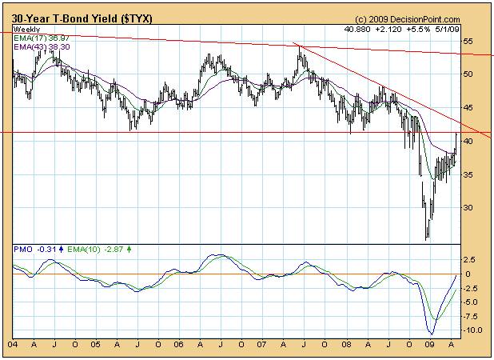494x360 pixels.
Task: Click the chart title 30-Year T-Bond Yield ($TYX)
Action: tap(72, 18)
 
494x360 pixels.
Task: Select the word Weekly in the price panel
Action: tap(27, 29)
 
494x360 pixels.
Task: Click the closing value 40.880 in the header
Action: tap(358, 29)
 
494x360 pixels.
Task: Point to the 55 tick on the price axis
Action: tap(470, 41)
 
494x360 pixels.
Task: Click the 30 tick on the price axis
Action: tap(470, 208)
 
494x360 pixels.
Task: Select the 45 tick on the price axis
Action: tap(470, 108)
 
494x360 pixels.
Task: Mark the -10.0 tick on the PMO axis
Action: tap(473, 330)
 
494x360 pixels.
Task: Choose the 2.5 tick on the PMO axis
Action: tap(472, 260)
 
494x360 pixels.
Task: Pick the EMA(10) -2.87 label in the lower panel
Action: tap(87, 250)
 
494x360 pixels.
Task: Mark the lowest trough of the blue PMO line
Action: tap(432, 334)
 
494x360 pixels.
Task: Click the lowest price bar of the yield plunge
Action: tap(428, 238)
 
